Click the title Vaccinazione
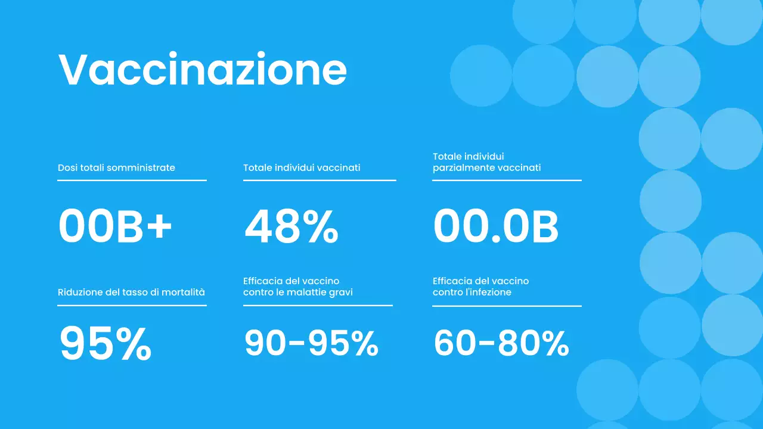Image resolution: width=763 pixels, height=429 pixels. coord(203,70)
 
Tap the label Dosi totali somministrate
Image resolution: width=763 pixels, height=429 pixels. coord(116,168)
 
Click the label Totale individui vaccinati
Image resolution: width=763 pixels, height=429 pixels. coord(302,168)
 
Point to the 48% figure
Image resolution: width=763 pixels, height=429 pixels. coord(291,228)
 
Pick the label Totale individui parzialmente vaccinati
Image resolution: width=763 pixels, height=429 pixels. coord(486,162)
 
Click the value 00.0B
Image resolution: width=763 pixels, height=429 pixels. coord(496,227)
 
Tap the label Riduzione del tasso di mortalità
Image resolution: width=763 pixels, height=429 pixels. coord(131,292)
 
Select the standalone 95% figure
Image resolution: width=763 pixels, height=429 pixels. coord(106,344)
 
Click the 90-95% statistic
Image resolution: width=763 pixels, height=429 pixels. coord(311,344)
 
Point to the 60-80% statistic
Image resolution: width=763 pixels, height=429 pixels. coord(501,344)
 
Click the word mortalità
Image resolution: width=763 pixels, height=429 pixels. coord(185,292)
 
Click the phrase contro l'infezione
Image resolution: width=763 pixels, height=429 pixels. coord(472,292)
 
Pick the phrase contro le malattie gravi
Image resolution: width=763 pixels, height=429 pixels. coord(297,292)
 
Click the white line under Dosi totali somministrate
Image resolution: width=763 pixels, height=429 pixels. coord(132,180)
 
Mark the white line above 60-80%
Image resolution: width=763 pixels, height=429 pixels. coord(507,306)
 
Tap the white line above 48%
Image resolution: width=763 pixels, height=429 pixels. coord(320,180)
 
